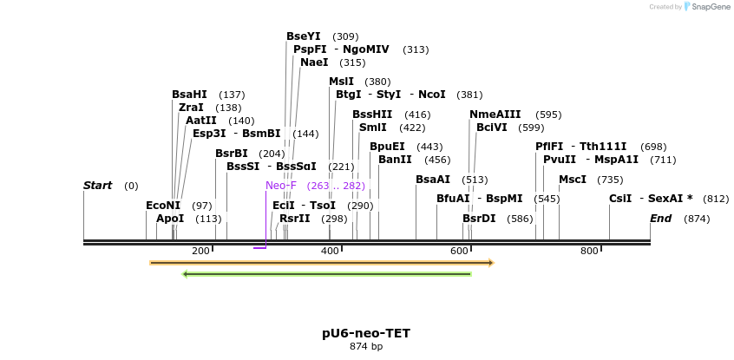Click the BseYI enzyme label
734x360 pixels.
pos(304,36)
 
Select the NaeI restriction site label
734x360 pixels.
pos(314,62)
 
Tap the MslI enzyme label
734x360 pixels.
pos(341,82)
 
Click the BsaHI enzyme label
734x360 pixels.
pos(189,95)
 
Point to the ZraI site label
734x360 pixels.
pos(191,108)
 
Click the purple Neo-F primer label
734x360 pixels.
pos(281,186)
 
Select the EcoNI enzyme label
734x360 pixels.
pos(163,206)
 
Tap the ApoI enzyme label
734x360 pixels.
pos(170,219)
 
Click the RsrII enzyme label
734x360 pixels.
pos(294,219)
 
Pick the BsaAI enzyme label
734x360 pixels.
pos(433,180)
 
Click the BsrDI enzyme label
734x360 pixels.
pos(479,219)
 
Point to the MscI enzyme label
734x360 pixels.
pos(573,180)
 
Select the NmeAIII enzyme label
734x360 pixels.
pos(495,115)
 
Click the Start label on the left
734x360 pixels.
pos(98,186)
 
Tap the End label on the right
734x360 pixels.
pos(661,219)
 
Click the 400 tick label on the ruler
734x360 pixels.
pos(331,251)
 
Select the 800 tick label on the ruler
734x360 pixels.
pos(589,251)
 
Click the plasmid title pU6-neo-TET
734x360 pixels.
pos(366,333)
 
